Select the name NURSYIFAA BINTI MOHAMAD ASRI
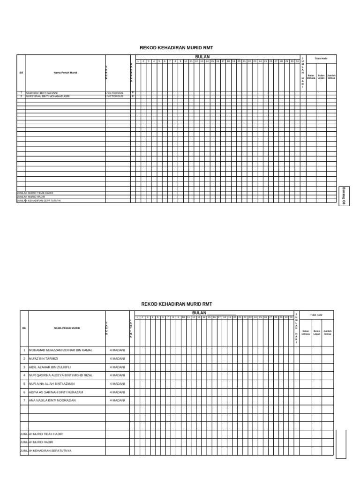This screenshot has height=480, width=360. pos(48,96)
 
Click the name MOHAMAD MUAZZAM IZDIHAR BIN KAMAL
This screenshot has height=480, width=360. pos(61,350)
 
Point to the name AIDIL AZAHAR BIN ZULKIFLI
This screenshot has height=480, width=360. pos(50,367)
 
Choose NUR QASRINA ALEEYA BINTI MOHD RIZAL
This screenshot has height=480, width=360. pos(61,375)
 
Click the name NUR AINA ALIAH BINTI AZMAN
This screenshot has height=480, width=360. pos(52,384)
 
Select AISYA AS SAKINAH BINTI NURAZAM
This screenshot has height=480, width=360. pos(56,392)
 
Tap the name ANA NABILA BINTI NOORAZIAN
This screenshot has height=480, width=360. pos(52,401)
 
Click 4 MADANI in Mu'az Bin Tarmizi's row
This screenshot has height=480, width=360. pos(117,359)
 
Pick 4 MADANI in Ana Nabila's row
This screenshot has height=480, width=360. pos(117,401)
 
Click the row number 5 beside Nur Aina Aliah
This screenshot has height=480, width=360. pos(24,384)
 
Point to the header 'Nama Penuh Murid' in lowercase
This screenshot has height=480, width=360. pos(65,73)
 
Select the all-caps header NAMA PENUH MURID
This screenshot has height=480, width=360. pos(67,328)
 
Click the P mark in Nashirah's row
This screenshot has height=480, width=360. pos(133,93)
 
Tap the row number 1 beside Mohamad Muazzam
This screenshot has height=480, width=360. pos(24,350)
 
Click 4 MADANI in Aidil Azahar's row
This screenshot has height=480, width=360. pos(117,367)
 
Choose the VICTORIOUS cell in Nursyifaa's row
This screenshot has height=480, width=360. pos(115,96)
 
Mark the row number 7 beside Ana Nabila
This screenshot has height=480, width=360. pos(24,401)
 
